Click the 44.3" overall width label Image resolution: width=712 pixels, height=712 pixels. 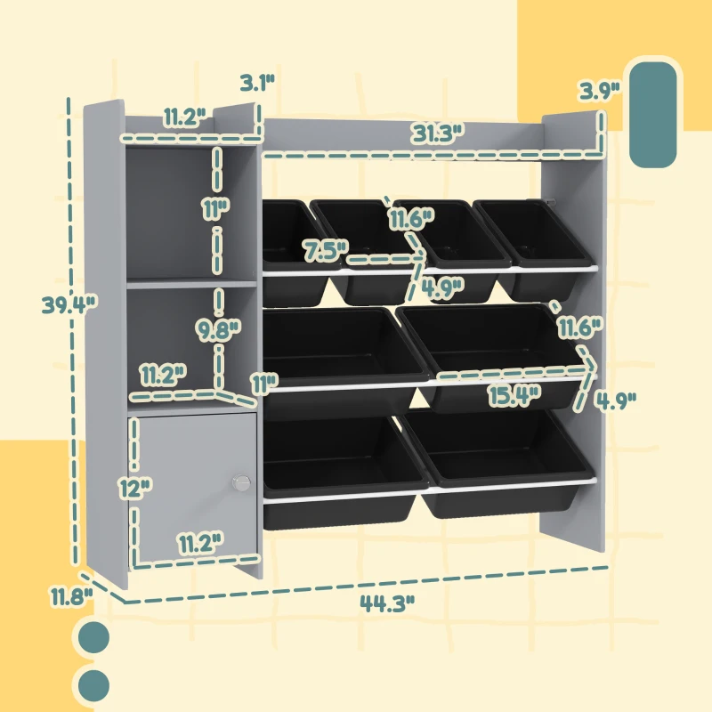click(388, 603)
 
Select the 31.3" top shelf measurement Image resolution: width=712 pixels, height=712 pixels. click(438, 133)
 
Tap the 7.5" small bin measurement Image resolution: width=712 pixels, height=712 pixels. click(324, 250)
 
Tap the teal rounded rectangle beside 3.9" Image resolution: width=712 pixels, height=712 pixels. click(653, 114)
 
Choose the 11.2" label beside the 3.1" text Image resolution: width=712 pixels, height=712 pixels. click(184, 117)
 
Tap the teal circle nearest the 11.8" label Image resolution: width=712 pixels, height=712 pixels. click(93, 638)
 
